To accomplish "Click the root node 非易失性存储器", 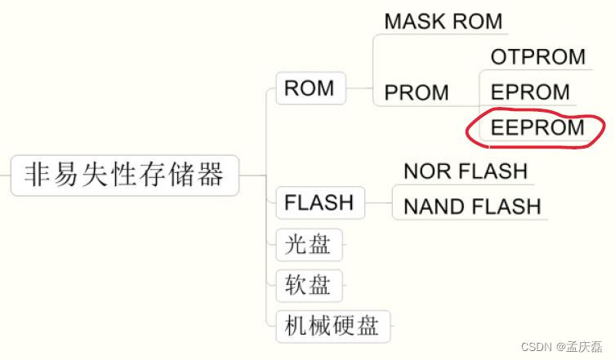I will [124, 175].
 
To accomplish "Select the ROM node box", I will [310, 88].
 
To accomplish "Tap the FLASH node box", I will [319, 202].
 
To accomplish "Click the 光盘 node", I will [308, 243].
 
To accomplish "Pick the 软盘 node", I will [308, 285].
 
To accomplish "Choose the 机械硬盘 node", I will [332, 327].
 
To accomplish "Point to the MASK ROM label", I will [443, 21].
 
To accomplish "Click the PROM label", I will [417, 93].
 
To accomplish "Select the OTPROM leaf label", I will [538, 56].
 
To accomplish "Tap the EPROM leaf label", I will [530, 92].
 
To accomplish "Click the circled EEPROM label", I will [537, 128].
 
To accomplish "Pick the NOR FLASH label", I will [466, 171].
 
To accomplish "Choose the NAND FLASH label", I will [472, 207].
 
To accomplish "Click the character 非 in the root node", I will [38, 175].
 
